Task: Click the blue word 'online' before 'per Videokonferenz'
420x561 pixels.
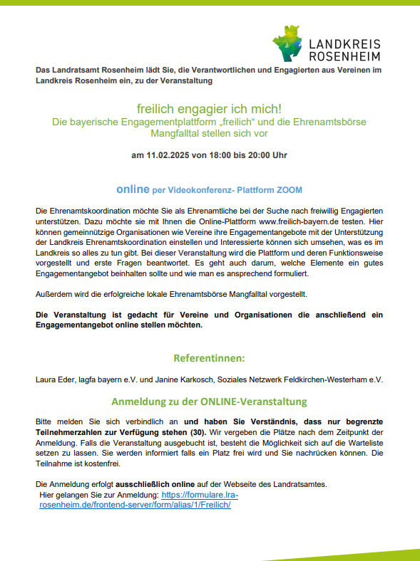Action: [133, 190]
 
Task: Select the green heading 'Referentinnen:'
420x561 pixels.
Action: [210, 358]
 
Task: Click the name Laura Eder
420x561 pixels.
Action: [56, 380]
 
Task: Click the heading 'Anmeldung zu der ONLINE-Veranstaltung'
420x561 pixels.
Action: [210, 401]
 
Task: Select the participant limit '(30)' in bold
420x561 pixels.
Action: [197, 431]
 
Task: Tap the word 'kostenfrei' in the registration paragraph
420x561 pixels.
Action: [102, 462]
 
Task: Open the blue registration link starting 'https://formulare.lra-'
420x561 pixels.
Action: [200, 494]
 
